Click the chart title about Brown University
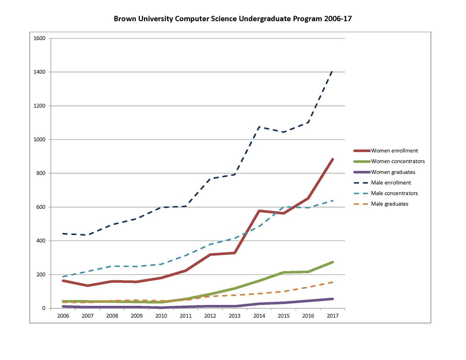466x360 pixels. coord(233,19)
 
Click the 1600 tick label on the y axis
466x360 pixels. coord(40,39)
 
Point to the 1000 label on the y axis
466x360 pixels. coord(40,140)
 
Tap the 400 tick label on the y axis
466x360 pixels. coord(41,241)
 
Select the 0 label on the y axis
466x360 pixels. coord(44,308)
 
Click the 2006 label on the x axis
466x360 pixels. coord(63,316)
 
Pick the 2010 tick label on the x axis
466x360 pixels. coord(161,316)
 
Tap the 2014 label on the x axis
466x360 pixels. coord(259,316)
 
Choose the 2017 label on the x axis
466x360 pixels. coord(333,316)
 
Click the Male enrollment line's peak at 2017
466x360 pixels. coord(333,71)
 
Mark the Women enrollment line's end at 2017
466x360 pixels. coord(333,159)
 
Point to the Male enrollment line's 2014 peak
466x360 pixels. coord(259,127)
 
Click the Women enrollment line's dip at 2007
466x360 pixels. coord(88,285)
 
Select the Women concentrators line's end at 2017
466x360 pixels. coord(333,262)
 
